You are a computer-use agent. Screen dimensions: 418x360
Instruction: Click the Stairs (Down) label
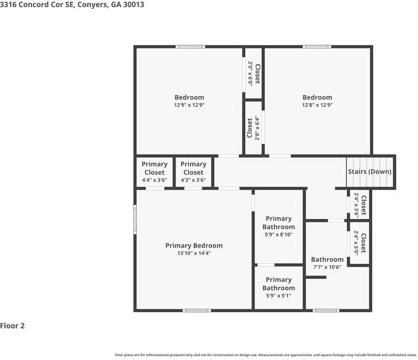[370, 171]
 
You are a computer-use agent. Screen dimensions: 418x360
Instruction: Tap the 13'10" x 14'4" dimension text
[194, 253]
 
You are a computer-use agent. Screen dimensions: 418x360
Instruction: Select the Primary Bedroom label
[194, 246]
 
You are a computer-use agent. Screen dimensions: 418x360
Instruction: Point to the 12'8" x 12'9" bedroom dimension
[317, 105]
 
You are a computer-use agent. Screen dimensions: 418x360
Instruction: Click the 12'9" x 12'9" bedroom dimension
[189, 105]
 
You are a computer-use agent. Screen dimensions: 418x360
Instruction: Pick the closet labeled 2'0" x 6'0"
[254, 74]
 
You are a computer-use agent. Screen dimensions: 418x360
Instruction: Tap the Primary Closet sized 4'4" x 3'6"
[155, 172]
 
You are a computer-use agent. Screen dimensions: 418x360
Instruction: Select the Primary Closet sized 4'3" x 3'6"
[193, 172]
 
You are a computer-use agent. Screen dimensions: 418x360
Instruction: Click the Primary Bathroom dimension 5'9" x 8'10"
[279, 234]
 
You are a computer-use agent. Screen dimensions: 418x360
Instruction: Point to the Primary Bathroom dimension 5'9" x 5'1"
[279, 296]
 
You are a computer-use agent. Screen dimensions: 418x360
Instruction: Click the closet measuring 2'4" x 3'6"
[360, 205]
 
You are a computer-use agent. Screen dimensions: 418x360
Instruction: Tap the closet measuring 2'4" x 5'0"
[360, 243]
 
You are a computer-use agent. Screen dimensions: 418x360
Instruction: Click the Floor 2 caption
[12, 326]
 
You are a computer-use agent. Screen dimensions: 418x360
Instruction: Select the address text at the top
[72, 4]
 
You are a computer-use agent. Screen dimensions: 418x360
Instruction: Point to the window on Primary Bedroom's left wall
[135, 220]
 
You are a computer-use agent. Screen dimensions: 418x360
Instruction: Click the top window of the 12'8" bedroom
[317, 47]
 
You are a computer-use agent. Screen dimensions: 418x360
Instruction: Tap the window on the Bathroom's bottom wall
[326, 310]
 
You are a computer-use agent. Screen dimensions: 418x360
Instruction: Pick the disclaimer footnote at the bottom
[266, 355]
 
